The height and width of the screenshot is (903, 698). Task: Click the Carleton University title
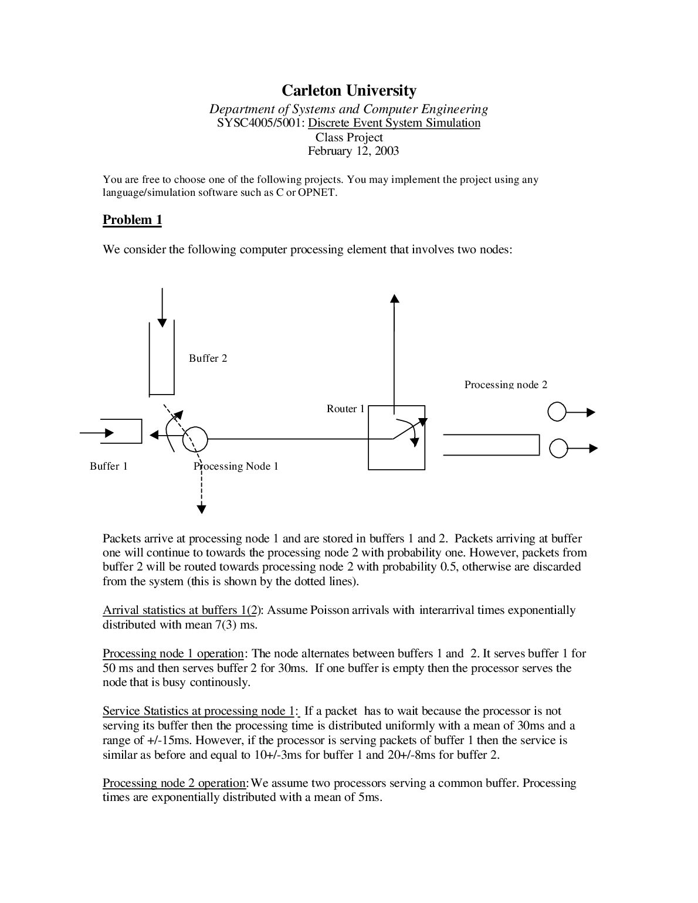click(349, 90)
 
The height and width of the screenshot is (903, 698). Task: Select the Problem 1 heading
click(132, 220)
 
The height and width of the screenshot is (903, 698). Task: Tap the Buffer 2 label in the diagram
click(208, 358)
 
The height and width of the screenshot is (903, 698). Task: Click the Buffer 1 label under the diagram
click(109, 466)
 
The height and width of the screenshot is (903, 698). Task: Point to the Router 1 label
click(345, 409)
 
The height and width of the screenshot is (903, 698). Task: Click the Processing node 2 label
click(506, 385)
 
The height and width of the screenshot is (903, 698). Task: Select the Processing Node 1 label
click(236, 466)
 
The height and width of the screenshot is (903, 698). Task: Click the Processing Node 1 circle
click(195, 439)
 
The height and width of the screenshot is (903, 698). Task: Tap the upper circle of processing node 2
click(557, 412)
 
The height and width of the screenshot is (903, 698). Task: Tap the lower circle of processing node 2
click(558, 449)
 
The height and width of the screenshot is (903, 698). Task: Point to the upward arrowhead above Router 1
click(394, 298)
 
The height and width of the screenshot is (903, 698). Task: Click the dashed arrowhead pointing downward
click(201, 508)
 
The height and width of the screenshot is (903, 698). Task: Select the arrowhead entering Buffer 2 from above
click(162, 322)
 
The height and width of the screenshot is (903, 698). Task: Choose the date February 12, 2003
click(353, 151)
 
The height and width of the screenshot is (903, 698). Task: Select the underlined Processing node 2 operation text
click(174, 783)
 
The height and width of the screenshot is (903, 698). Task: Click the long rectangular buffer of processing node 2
click(491, 444)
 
